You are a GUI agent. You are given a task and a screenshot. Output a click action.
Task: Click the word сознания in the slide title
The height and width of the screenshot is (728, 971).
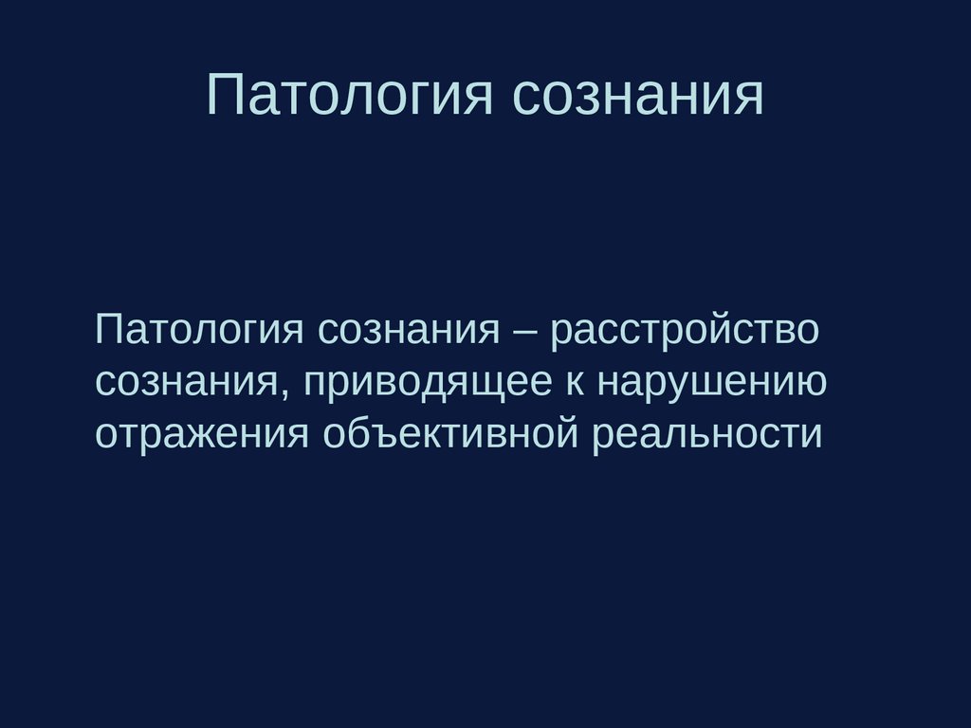click(x=638, y=96)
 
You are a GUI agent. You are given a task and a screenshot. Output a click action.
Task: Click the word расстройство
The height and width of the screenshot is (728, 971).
click(x=685, y=332)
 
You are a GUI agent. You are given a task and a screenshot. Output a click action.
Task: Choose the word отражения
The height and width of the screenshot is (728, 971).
click(x=202, y=434)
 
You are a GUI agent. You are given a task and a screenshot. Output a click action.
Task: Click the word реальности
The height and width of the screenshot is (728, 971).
click(x=706, y=434)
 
